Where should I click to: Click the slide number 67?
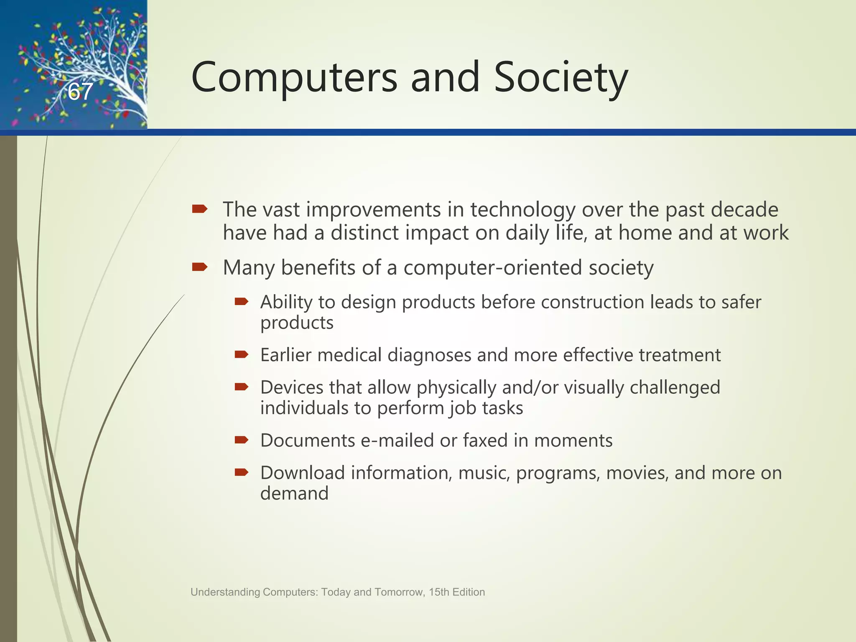click(80, 92)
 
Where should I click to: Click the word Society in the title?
click(560, 77)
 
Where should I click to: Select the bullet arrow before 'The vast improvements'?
click(200, 209)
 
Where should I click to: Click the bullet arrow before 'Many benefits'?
click(200, 267)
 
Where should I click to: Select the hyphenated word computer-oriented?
click(492, 267)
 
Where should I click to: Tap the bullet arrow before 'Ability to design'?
click(242, 301)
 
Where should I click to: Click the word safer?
click(741, 302)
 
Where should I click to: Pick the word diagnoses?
click(429, 355)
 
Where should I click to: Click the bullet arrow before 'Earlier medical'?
click(242, 355)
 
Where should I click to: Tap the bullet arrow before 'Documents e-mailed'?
click(242, 440)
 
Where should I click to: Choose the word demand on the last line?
click(294, 494)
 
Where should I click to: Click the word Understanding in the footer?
click(225, 592)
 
